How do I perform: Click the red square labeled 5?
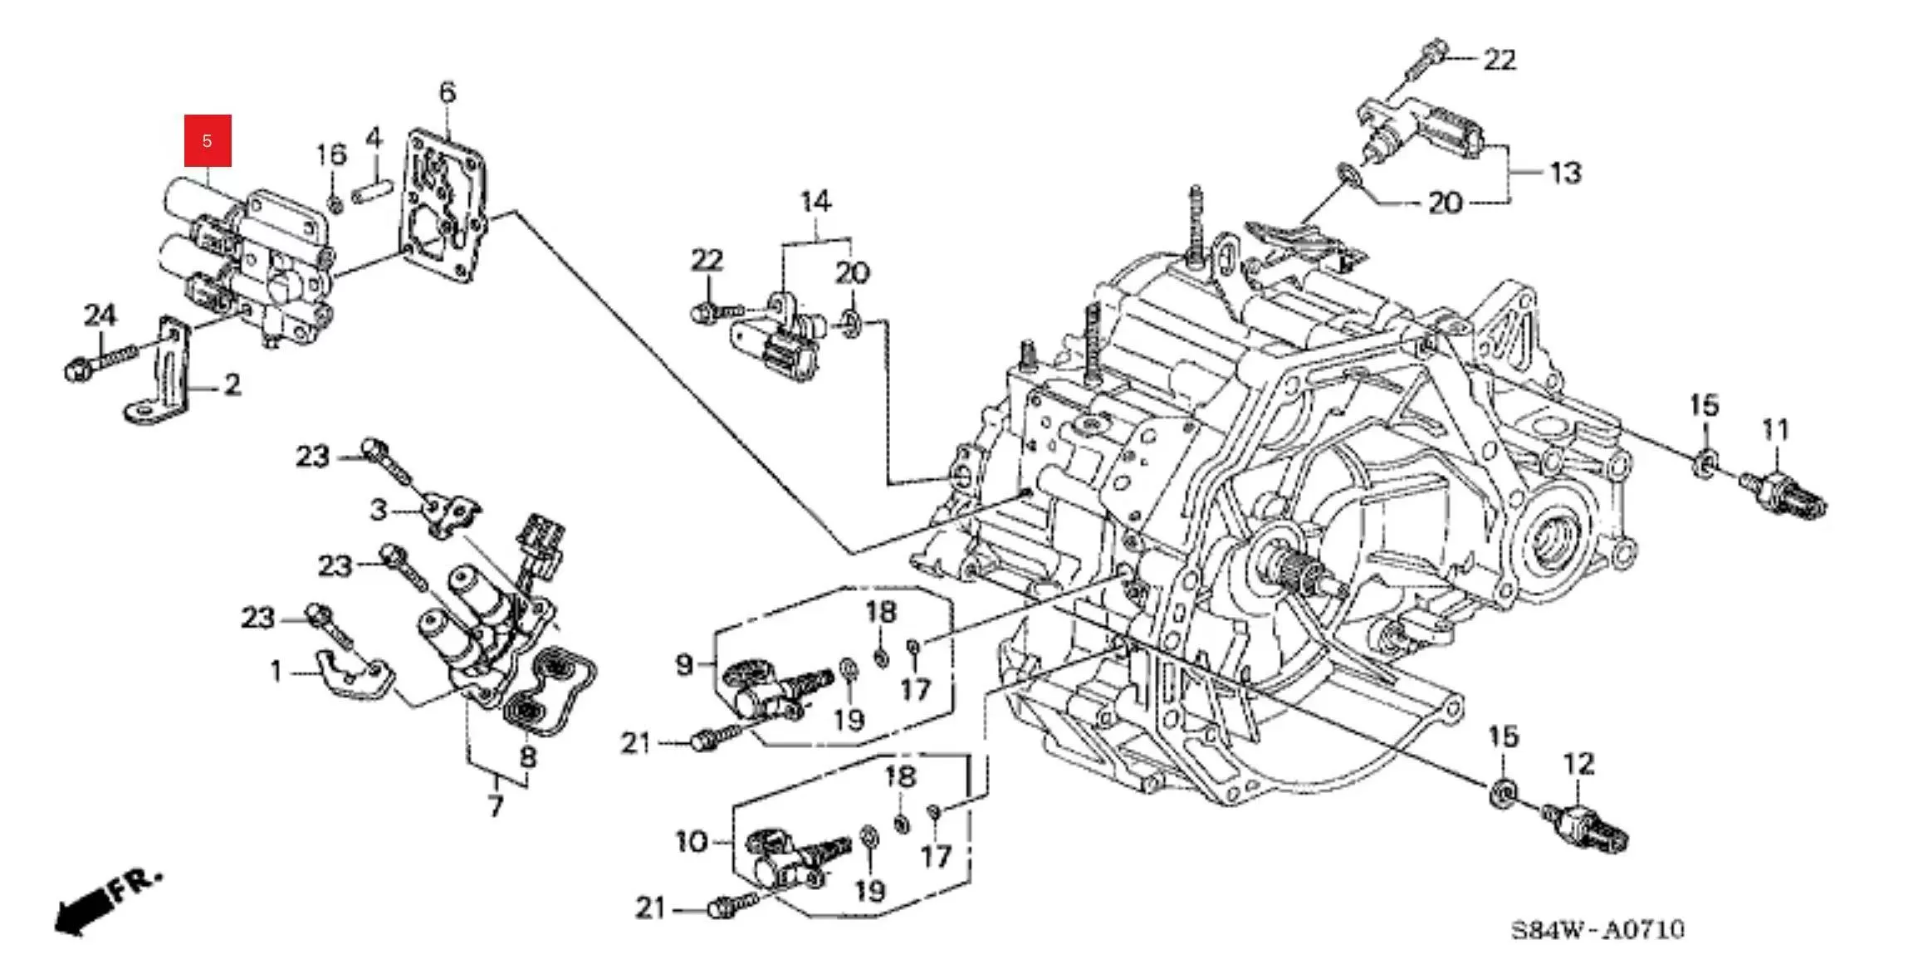tap(208, 140)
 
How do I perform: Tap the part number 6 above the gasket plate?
tap(448, 92)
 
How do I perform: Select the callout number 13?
tap(1565, 173)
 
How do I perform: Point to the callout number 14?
tap(815, 202)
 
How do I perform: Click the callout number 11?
tap(1775, 430)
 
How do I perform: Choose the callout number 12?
tap(1578, 763)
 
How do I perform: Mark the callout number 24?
tap(100, 316)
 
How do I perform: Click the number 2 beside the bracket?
tap(232, 384)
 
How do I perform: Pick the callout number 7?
tap(496, 805)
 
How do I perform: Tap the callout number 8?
tap(528, 756)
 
